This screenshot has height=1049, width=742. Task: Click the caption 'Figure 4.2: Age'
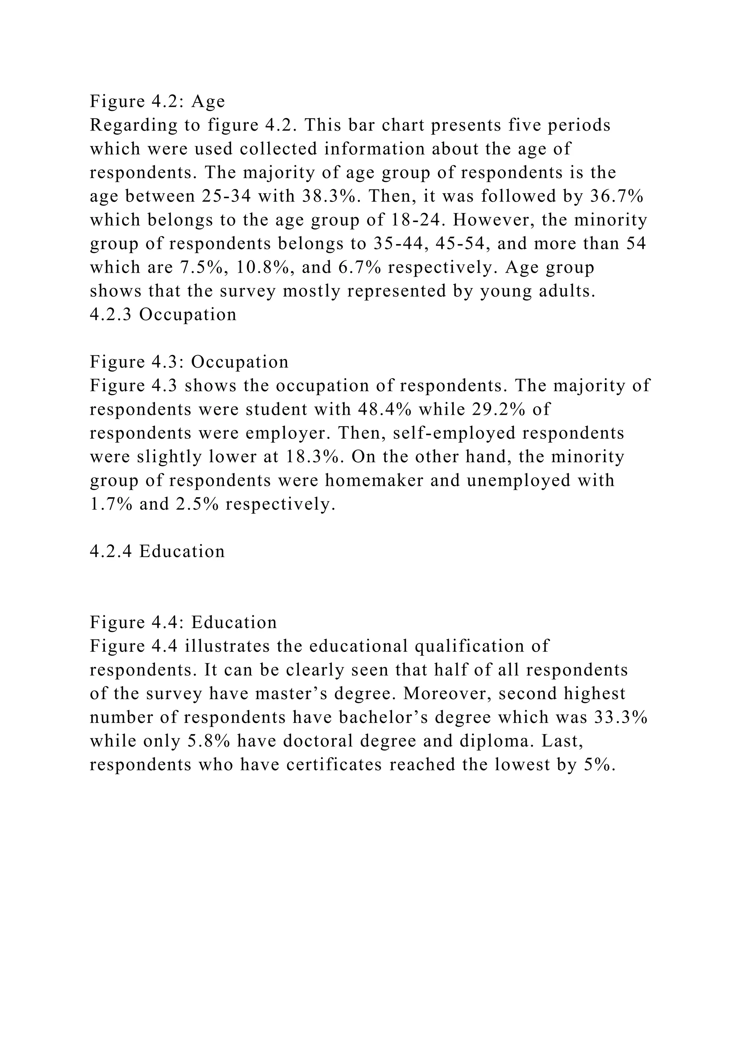coord(157,101)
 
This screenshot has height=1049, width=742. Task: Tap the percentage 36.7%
coord(617,196)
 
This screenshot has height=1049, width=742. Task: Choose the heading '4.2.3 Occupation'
coord(163,314)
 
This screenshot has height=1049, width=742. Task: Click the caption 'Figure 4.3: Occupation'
coord(189,362)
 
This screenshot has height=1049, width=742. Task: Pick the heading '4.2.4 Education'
coord(157,551)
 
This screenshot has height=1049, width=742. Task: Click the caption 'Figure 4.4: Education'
coord(183,622)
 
